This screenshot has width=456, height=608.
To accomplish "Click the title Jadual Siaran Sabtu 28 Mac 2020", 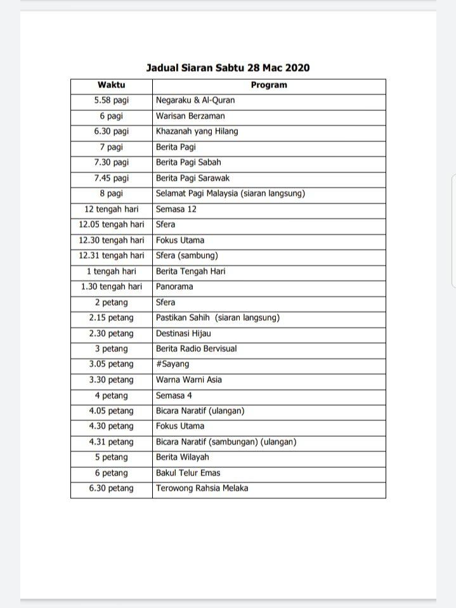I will click(x=228, y=68).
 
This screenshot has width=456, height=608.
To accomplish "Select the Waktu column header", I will click(x=111, y=85).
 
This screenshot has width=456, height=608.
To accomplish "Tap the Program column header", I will click(x=269, y=85).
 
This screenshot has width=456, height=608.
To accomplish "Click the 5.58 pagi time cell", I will click(x=111, y=100).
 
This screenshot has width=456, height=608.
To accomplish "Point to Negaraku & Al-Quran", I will click(x=195, y=100).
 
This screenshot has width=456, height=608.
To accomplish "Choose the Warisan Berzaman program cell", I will click(x=190, y=116).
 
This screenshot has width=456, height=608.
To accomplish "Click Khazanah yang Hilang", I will click(x=197, y=131).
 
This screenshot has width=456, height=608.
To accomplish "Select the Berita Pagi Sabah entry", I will click(x=188, y=162).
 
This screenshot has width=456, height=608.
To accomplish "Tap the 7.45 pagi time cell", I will click(x=111, y=178).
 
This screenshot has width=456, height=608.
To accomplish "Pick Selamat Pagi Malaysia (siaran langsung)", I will click(x=230, y=193).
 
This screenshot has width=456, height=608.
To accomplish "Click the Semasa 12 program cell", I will click(x=176, y=209).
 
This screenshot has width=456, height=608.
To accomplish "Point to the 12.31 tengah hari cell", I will click(x=111, y=255).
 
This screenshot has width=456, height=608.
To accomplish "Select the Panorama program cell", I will click(x=174, y=287).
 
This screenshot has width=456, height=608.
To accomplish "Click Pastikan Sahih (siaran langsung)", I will click(x=218, y=318).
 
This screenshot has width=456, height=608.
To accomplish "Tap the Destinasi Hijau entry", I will click(x=183, y=333).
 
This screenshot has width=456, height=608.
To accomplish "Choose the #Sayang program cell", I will click(x=173, y=364).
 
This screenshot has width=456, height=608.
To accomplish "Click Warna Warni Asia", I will click(x=189, y=380).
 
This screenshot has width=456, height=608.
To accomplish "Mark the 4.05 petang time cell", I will click(x=111, y=411).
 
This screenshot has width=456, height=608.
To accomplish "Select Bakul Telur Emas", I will click(x=188, y=473).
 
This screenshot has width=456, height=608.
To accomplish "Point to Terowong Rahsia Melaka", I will click(x=202, y=488).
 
